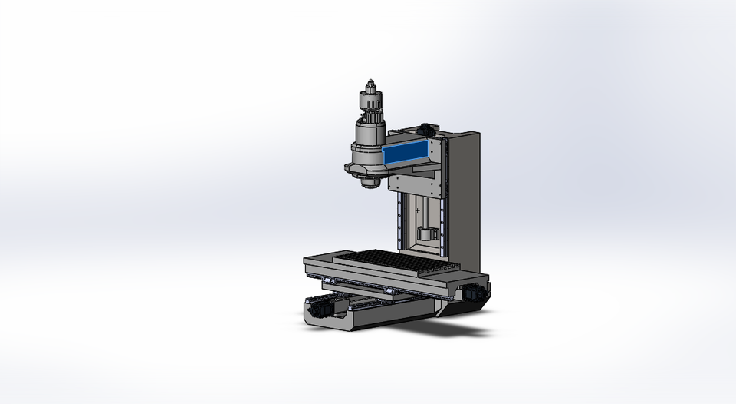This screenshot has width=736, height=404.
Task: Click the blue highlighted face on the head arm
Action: [x=407, y=153]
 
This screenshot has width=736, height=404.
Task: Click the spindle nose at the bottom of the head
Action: [x=370, y=182]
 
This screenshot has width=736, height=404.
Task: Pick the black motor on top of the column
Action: [x=426, y=126]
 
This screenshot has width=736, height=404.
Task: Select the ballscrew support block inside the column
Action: [x=428, y=234]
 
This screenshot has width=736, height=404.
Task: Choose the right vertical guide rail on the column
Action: [x=442, y=223]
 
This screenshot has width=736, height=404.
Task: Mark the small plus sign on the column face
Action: [x=417, y=209]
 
